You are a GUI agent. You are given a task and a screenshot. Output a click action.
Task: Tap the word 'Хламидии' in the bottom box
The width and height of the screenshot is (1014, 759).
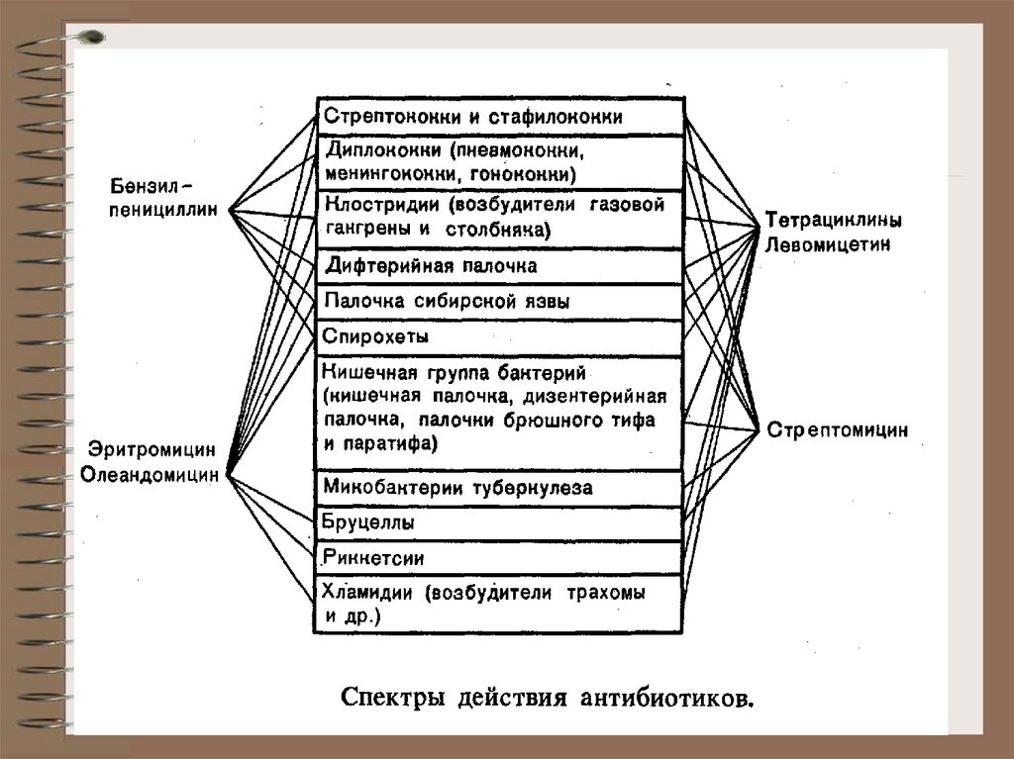(368, 594)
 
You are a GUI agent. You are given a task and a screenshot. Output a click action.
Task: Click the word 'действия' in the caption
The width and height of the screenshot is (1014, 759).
(510, 698)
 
